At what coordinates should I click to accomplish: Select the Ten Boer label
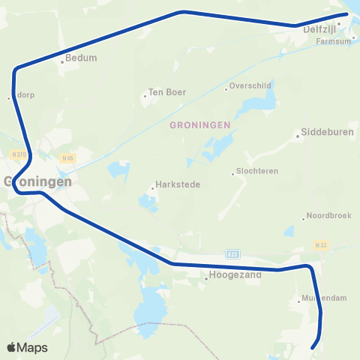coord(167,92)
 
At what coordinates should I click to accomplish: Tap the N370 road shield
coord(20,154)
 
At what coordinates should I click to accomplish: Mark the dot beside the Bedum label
coord(62,62)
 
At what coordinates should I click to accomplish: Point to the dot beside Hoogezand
coord(206,280)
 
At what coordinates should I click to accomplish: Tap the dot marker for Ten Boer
coord(145,96)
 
